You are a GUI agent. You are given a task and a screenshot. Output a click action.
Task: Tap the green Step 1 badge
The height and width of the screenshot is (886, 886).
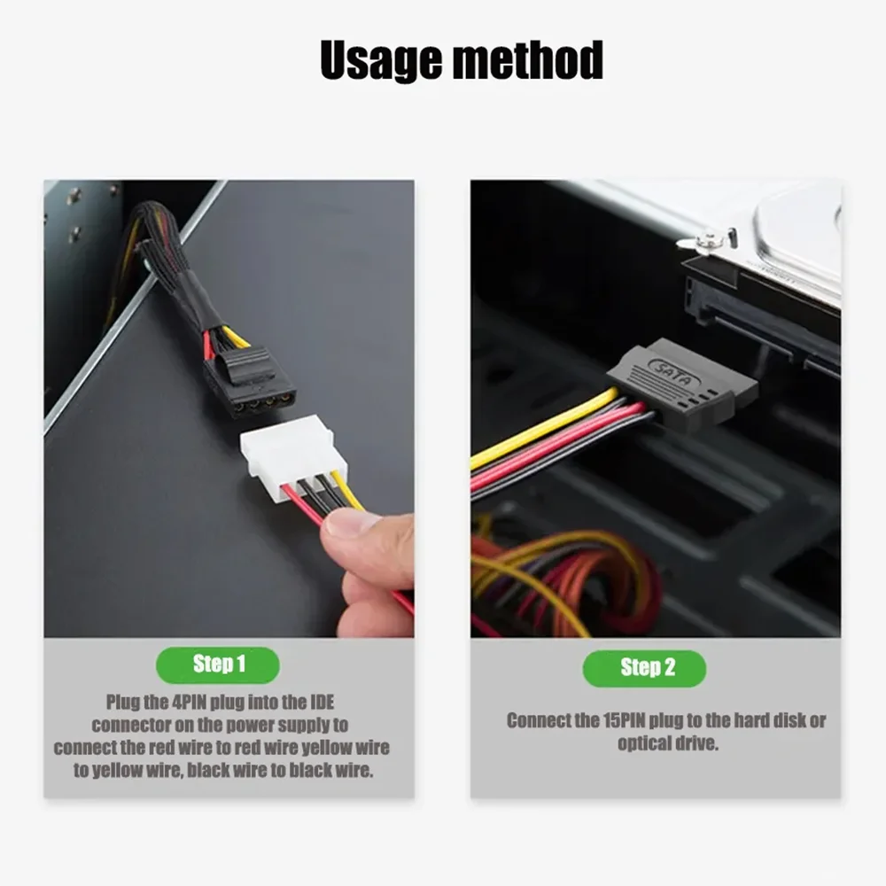click(x=218, y=664)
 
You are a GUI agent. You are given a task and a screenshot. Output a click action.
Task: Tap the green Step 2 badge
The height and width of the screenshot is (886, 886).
click(x=644, y=668)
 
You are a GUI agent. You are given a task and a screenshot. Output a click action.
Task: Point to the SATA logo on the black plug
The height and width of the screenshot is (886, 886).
click(x=674, y=373)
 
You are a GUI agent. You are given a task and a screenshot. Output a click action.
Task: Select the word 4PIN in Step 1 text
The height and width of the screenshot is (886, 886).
click(x=194, y=703)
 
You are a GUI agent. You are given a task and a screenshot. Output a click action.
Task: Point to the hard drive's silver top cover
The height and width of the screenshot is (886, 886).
click(x=797, y=230)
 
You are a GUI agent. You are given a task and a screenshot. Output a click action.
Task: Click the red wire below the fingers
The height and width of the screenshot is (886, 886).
click(x=403, y=602)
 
